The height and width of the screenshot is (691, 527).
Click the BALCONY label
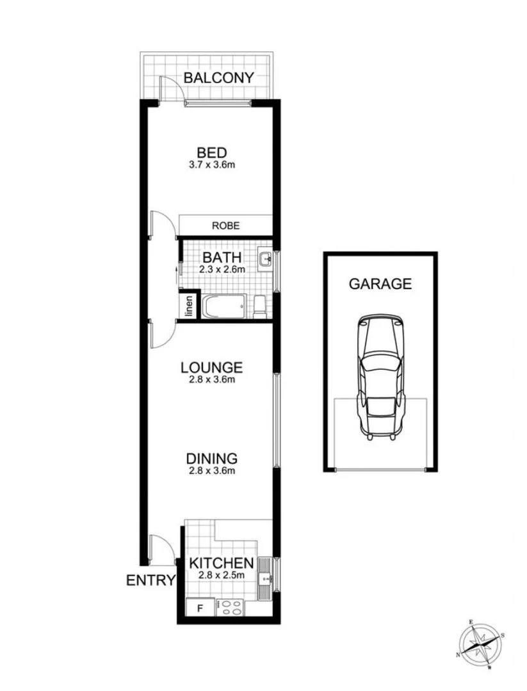219,77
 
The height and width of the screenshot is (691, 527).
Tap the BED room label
211,153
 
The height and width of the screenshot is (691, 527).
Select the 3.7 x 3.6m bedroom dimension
211,164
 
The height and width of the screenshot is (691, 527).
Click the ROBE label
226,225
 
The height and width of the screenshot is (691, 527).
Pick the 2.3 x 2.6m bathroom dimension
222,269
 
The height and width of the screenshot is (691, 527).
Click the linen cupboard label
189,306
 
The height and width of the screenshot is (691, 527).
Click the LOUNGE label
211,368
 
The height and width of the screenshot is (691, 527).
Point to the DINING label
212,459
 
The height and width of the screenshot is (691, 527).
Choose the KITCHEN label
220,564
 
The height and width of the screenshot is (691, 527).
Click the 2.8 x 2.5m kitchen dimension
220,575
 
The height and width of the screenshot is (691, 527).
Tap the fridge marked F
199,608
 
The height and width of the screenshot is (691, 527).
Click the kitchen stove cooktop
231,608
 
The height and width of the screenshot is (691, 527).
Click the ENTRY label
150,580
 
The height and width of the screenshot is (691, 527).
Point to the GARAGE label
380,284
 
